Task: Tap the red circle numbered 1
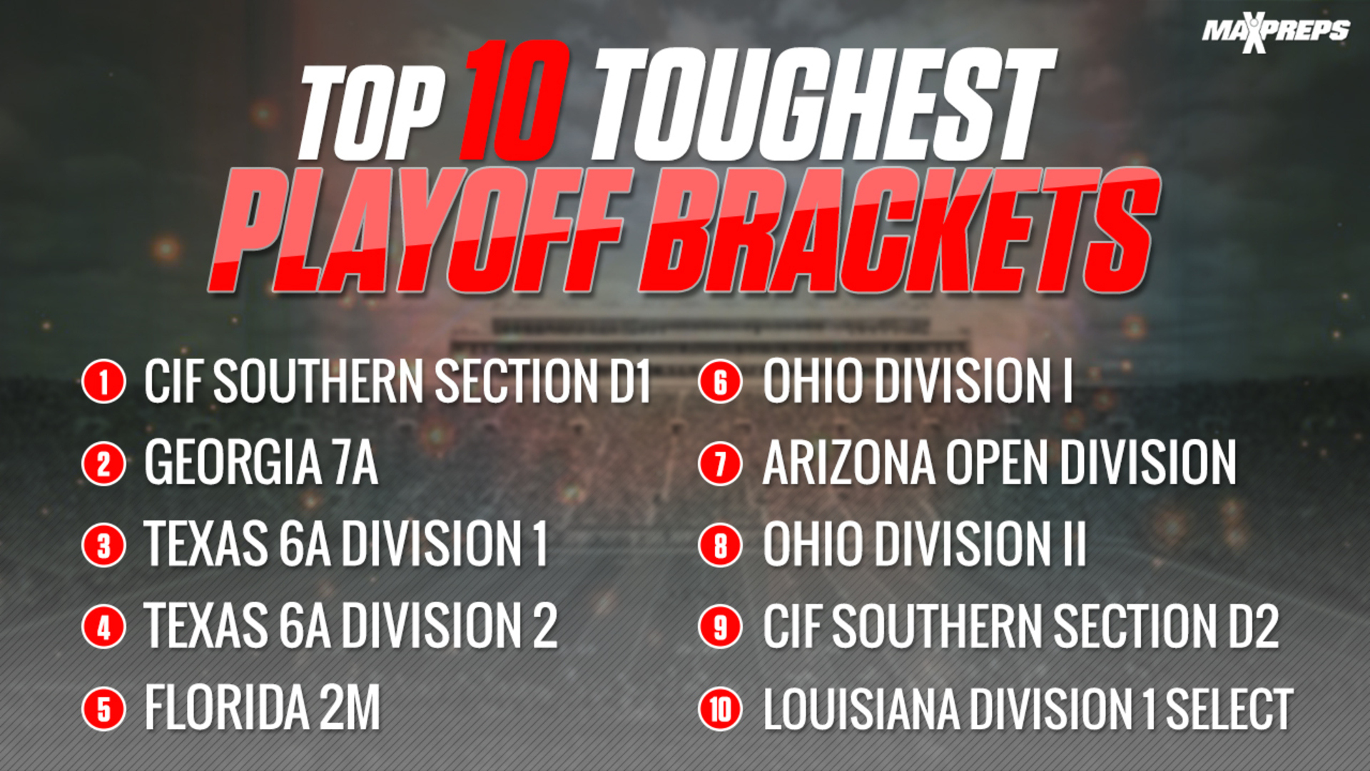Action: click(104, 381)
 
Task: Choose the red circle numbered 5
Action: click(104, 708)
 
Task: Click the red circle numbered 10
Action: click(721, 708)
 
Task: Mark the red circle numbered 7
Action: click(721, 463)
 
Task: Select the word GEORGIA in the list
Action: click(233, 463)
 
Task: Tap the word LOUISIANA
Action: click(861, 709)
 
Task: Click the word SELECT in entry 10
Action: click(1229, 709)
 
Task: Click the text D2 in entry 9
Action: click(1253, 626)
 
